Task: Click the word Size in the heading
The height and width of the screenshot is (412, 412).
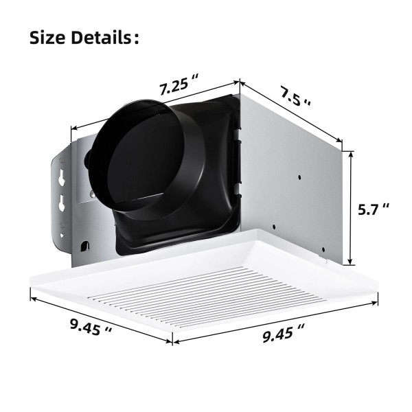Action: (x=47, y=37)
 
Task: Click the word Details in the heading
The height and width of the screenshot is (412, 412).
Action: (x=101, y=37)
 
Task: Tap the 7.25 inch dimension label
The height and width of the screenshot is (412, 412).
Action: (x=178, y=84)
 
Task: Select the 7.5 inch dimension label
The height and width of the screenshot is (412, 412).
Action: (x=295, y=96)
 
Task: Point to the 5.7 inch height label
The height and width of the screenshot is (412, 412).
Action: (x=373, y=209)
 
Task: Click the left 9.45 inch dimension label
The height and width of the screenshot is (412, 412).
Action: (x=91, y=327)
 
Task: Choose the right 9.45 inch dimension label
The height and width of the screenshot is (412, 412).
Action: (x=283, y=333)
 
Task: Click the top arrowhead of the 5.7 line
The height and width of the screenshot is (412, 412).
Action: (x=350, y=154)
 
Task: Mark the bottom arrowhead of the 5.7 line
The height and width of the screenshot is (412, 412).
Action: (x=350, y=261)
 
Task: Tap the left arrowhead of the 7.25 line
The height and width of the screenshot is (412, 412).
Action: (x=74, y=128)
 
